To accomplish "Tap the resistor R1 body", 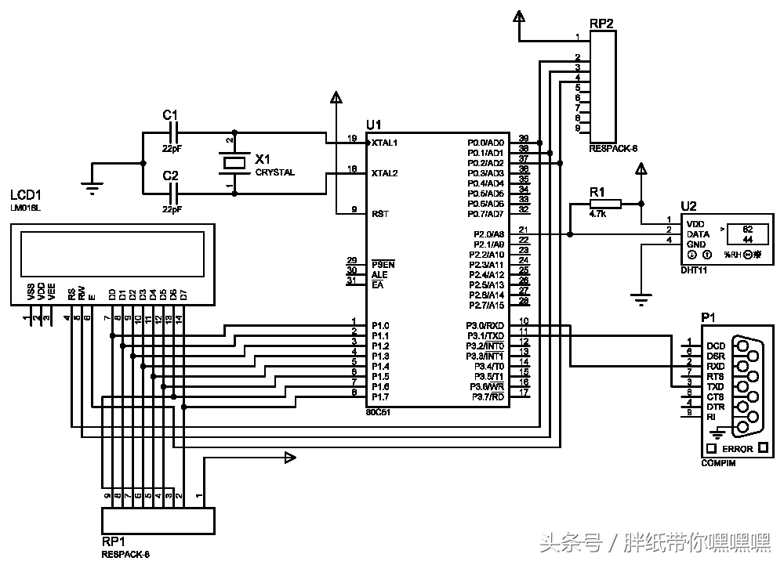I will (x=604, y=204).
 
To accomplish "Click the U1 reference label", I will (x=374, y=125).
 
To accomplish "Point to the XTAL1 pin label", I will (x=385, y=143).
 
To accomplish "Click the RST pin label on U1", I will (x=379, y=213).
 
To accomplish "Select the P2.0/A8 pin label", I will (x=488, y=234).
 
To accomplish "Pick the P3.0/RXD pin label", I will (x=487, y=325).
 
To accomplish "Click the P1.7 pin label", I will (x=380, y=396).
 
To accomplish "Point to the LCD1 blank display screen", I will (x=111, y=254).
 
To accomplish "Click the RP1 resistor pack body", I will (x=158, y=520).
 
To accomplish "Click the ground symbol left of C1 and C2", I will (x=92, y=185).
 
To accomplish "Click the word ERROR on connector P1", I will (x=738, y=449).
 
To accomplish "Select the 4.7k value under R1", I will (x=599, y=214).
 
